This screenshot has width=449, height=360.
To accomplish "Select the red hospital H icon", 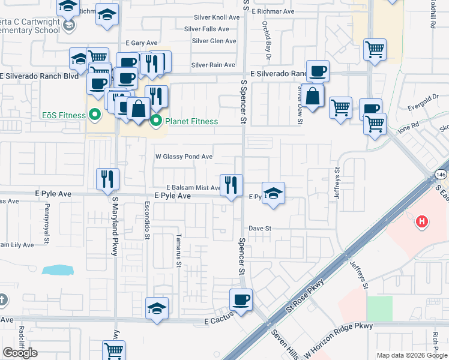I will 422,222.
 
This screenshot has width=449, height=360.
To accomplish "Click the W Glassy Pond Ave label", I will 184,157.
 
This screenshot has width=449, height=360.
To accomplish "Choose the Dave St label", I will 261,229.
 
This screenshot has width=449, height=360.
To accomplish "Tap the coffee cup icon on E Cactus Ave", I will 241,299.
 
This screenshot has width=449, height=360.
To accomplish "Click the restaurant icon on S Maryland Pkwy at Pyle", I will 108,179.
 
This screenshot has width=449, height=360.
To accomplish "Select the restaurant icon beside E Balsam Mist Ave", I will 231,184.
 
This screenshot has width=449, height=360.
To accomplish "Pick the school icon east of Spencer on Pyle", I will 273,193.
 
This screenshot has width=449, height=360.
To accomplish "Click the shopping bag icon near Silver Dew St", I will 313,95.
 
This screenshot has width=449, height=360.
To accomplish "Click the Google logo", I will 20,353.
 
